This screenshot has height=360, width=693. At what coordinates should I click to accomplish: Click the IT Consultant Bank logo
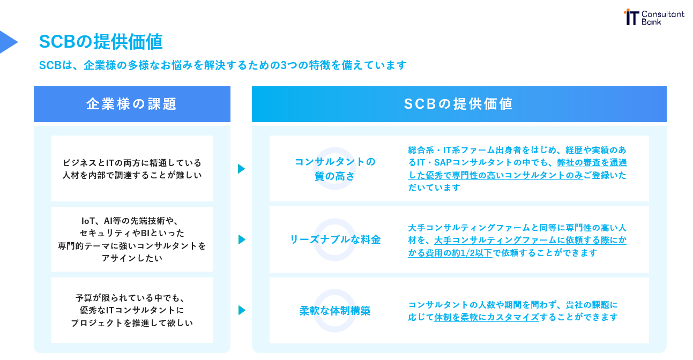click(x=654, y=17)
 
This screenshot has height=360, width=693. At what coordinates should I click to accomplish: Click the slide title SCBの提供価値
click(x=101, y=42)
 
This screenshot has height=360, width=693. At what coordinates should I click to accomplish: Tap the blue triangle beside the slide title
click(x=8, y=42)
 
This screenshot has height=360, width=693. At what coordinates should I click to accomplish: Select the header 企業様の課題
click(x=132, y=104)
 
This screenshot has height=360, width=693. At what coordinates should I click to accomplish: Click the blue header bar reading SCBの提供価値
click(x=459, y=104)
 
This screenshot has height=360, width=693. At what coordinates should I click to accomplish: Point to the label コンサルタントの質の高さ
click(x=335, y=169)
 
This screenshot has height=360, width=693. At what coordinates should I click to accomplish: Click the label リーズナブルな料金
click(x=335, y=239)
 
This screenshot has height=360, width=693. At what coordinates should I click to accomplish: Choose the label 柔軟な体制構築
click(x=335, y=311)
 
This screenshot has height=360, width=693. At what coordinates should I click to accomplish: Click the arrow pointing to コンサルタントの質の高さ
click(x=241, y=169)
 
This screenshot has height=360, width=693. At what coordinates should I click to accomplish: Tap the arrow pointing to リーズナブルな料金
click(x=241, y=239)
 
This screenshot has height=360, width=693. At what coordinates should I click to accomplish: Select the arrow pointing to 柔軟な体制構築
click(x=241, y=310)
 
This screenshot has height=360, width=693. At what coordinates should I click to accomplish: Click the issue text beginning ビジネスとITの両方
click(x=132, y=162)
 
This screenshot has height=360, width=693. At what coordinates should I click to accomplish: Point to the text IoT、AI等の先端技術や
click(x=132, y=221)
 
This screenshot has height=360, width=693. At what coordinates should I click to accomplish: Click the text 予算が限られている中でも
click(x=132, y=297)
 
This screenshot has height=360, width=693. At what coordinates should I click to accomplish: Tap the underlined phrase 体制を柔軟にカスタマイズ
click(x=486, y=317)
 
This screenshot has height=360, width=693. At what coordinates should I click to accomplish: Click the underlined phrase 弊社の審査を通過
click(x=592, y=162)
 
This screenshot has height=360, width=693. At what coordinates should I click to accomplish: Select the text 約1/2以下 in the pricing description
click(x=472, y=253)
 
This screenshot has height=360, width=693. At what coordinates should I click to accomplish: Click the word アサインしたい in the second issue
click(x=132, y=258)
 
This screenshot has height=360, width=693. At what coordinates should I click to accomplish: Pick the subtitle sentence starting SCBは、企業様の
click(x=223, y=65)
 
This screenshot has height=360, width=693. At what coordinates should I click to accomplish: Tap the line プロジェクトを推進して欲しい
click(x=132, y=323)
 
